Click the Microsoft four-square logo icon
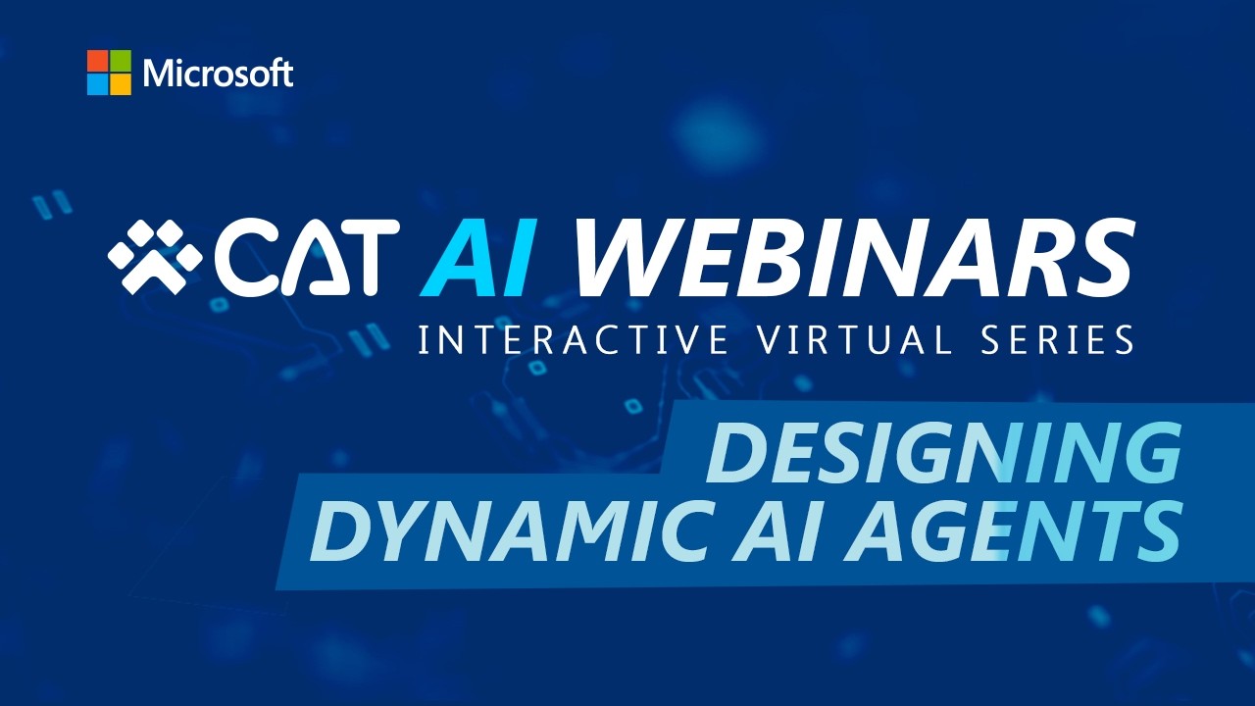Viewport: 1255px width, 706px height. point(109,73)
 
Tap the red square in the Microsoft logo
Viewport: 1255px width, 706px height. point(97,61)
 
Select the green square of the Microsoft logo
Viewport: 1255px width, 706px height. point(121,61)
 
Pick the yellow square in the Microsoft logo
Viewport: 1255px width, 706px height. point(121,84)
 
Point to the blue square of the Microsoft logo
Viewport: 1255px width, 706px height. point(97,84)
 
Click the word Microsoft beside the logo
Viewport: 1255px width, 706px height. point(218,74)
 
